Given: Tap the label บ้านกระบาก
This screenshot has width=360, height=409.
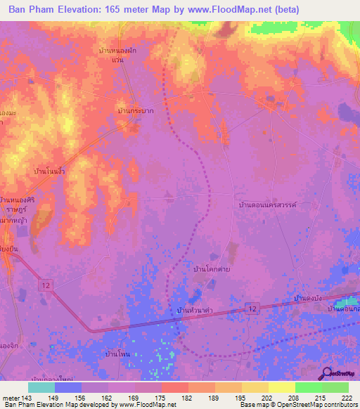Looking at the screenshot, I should (136, 111).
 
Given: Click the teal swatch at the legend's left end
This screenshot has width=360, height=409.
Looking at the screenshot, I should (41, 387).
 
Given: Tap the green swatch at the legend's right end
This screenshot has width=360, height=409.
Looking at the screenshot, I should (335, 387).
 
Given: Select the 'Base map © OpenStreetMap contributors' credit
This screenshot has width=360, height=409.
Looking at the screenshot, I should (296, 405).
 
